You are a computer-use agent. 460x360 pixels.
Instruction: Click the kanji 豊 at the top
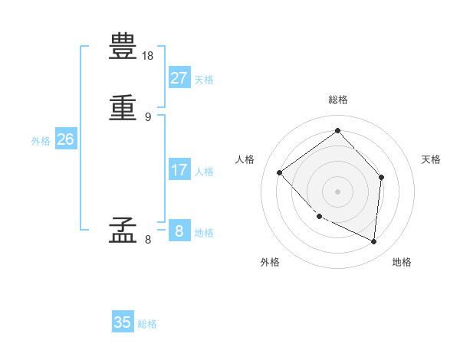tap(123, 47)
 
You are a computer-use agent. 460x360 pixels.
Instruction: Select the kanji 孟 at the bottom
tap(123, 229)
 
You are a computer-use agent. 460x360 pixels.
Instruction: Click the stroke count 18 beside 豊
tap(148, 56)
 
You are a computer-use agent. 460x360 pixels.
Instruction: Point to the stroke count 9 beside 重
tap(147, 117)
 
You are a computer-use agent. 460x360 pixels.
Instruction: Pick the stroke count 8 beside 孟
tap(147, 240)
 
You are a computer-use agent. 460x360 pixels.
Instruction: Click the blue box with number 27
tap(179, 78)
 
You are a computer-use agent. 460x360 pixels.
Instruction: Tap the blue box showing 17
tap(179, 170)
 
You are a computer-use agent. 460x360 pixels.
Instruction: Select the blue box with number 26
tap(65, 139)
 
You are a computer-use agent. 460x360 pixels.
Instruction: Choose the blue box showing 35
tap(123, 322)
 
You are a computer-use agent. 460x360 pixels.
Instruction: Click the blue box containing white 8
tap(179, 231)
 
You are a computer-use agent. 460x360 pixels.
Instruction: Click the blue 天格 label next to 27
tap(204, 80)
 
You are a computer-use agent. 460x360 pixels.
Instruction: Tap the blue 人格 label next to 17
tap(204, 172)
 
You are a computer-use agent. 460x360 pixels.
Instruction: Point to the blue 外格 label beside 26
tap(41, 141)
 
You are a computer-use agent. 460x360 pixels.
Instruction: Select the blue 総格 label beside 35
tap(147, 324)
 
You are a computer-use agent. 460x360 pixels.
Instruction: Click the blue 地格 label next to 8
tap(204, 233)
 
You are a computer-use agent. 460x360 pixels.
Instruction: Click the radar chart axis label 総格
tap(338, 100)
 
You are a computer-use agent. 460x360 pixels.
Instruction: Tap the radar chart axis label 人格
tap(245, 159)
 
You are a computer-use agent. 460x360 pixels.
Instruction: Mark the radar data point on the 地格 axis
tap(374, 242)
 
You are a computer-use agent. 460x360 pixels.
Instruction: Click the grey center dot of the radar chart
tap(337, 191)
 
